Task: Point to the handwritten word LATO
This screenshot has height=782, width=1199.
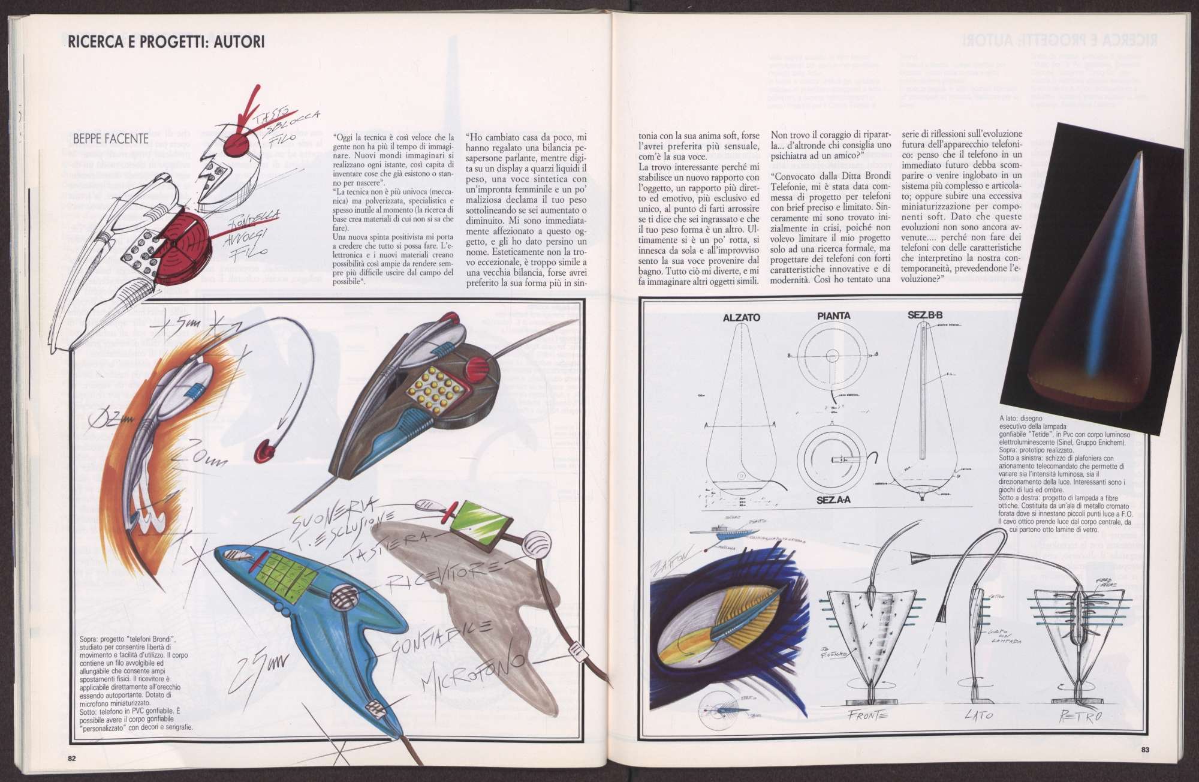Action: click(980, 715)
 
